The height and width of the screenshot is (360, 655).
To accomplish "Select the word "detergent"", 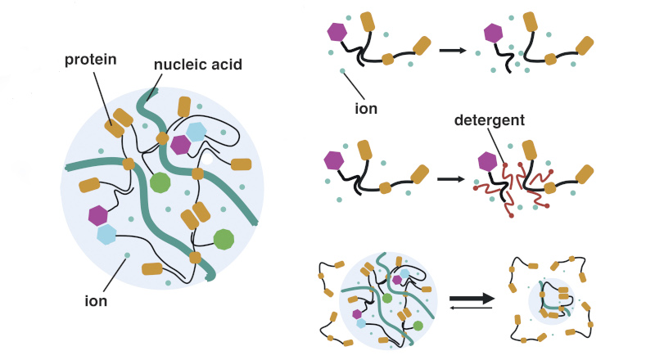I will tap(489, 121).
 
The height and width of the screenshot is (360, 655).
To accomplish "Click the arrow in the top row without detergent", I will tap(452, 51).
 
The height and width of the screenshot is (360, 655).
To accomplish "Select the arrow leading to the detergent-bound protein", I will tap(452, 176).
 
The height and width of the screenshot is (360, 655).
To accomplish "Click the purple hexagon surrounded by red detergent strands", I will tap(489, 162).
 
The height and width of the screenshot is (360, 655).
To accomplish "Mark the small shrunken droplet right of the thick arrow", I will tap(550, 299).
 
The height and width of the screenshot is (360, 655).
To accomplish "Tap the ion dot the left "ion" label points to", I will tap(125, 256).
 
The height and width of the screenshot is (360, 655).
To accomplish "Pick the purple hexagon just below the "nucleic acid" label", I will tap(179, 144).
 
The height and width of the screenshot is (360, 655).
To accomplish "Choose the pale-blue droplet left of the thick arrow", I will tap(388, 295).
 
